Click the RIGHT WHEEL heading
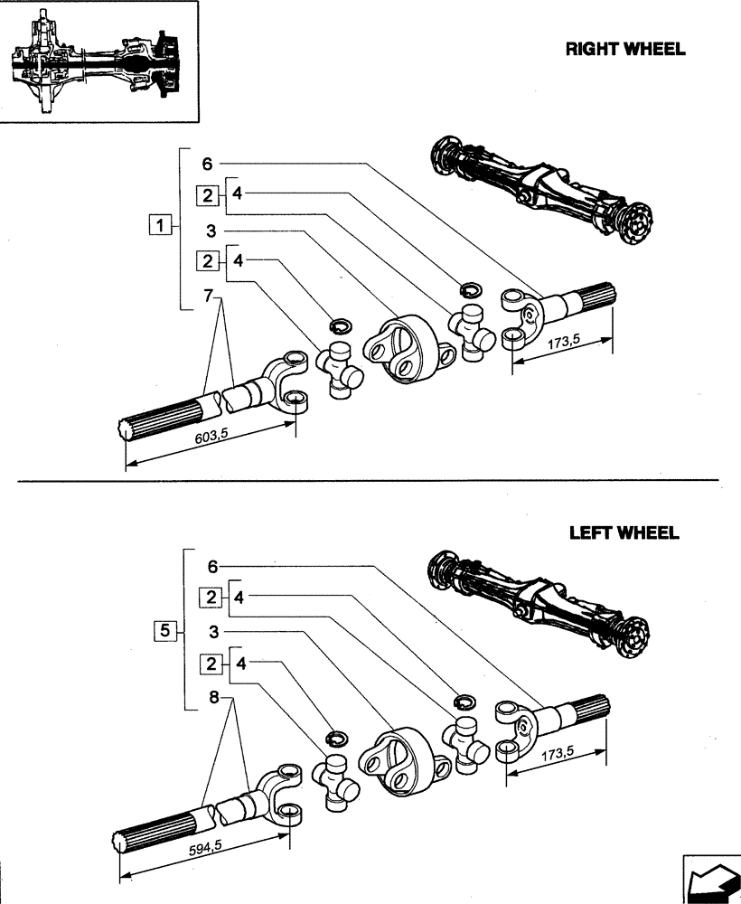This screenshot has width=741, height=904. tap(624, 49)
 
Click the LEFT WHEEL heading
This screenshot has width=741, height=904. tap(624, 532)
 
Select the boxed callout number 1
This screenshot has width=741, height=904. tap(160, 225)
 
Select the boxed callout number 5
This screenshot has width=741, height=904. tap(164, 630)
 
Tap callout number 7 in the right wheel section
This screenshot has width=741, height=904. tap(208, 297)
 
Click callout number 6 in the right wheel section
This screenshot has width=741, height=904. tap(208, 164)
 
